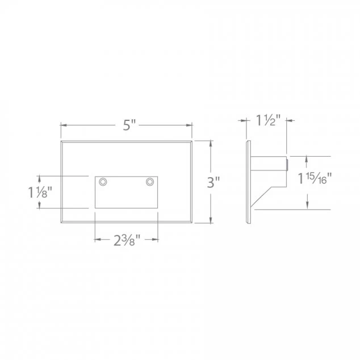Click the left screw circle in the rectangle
103,182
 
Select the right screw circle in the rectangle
150,182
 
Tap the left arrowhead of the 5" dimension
64,125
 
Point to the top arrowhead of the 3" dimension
211,143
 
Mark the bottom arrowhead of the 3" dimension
211,220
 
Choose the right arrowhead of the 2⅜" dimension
155,239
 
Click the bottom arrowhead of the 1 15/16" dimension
307,207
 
